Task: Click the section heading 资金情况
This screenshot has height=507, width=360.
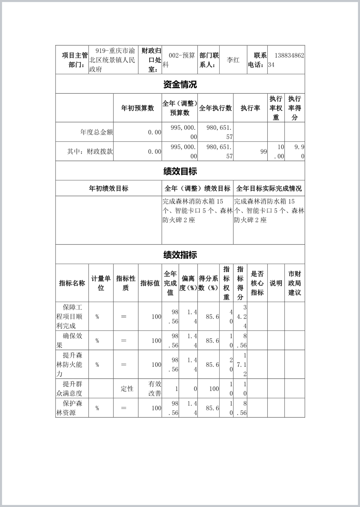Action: (180, 84)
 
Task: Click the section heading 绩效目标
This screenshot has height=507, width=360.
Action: (180, 171)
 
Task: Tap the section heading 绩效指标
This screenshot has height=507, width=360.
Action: (180, 255)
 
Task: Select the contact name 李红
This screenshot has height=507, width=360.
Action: (233, 60)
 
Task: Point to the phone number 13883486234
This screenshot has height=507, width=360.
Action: (286, 60)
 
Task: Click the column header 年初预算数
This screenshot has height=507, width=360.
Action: (138, 108)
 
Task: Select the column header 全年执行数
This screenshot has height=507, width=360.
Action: (215, 108)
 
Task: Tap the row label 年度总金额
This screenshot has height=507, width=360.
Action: (96, 132)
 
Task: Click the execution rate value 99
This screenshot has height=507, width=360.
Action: (264, 152)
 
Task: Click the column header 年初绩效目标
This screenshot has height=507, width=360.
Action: (109, 188)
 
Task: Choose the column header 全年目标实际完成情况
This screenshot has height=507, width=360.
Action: (269, 188)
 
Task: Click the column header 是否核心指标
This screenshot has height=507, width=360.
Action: (257, 283)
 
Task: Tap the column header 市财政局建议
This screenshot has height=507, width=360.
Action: (294, 283)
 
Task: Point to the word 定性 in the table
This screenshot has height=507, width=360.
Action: (127, 389)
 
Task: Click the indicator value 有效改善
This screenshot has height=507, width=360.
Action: (155, 388)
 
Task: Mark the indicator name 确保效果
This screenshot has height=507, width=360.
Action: (69, 341)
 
